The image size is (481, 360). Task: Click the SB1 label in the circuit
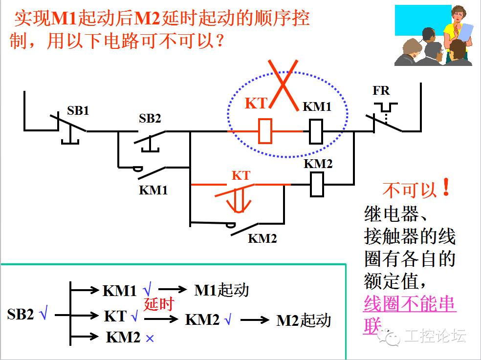pos(78,110)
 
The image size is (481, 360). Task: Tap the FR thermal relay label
pos(381,91)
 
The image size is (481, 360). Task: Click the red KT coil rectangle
pos(265,131)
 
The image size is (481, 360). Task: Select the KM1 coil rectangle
pos(315,131)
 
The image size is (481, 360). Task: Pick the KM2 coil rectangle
pos(317,185)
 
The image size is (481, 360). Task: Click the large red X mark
pos(284,83)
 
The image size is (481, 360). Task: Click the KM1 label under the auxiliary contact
pos(153,190)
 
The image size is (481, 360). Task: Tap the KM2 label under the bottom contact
pos(262,238)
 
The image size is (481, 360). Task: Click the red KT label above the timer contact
pos(240,175)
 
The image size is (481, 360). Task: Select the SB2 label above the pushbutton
pos(150,118)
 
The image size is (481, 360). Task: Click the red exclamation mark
pos(446,188)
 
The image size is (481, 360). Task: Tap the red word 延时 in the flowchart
pos(159,304)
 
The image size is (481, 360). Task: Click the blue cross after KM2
pos(150,338)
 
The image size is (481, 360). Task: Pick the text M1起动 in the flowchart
pos(221,290)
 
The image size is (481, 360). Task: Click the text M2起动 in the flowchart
pos(304,320)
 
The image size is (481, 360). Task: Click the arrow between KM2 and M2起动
pos(255,320)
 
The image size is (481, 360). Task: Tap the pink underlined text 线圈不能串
pos(410,304)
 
